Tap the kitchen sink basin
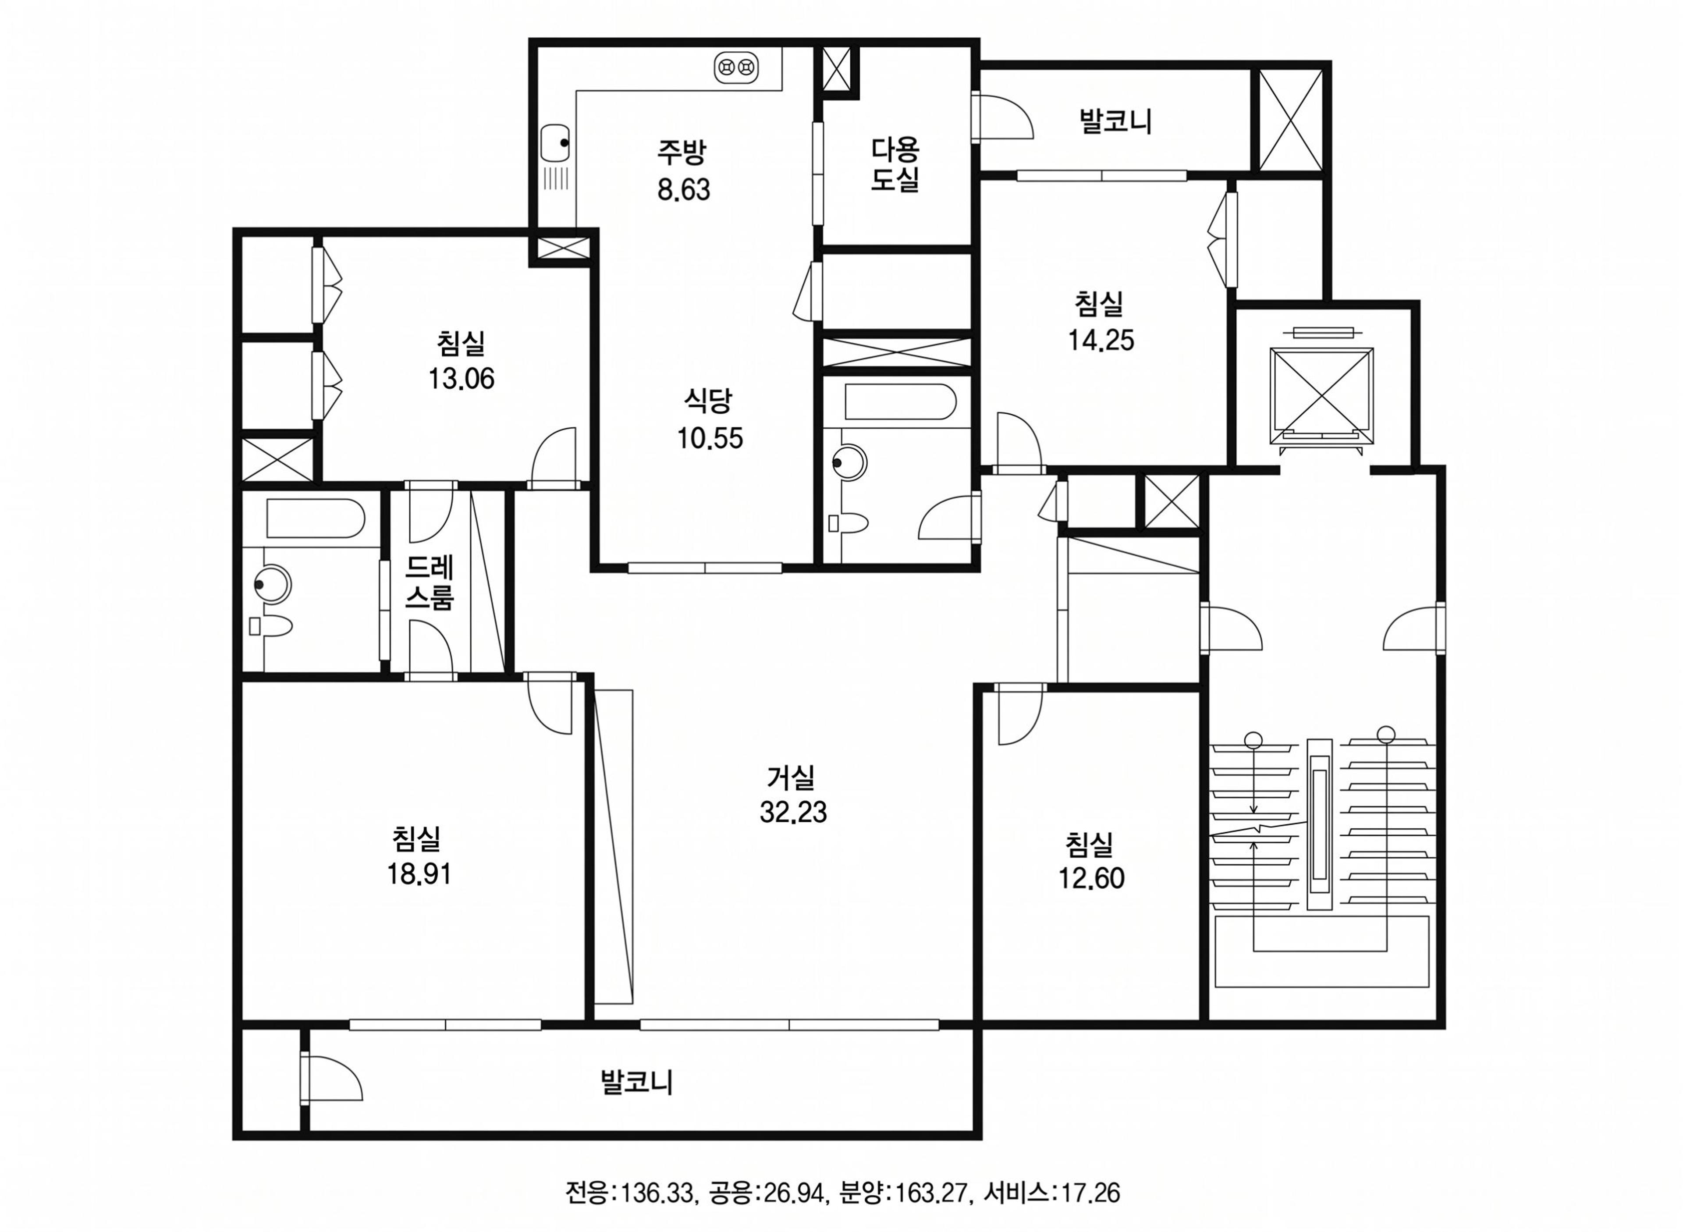point(553,142)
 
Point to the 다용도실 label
point(895,165)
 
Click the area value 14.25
point(1101,341)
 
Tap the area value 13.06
point(461,379)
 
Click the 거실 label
point(791,778)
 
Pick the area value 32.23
point(793,812)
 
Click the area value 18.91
point(418,874)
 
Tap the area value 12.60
point(1091,878)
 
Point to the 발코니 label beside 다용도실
point(1115,121)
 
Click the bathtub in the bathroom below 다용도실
point(899,402)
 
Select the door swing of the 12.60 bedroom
point(1020,714)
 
